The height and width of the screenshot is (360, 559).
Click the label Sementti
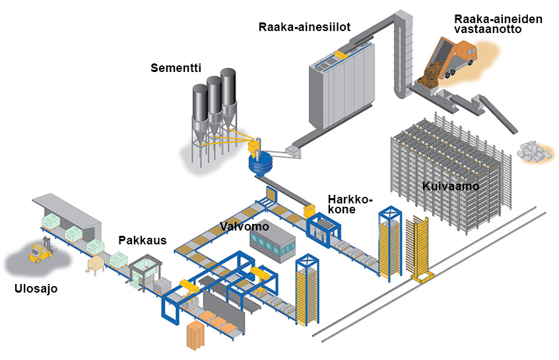click(x=175, y=68)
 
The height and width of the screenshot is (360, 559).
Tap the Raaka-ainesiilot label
click(x=304, y=27)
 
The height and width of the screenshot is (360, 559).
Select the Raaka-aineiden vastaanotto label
click(x=498, y=24)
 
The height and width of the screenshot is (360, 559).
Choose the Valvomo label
click(x=244, y=227)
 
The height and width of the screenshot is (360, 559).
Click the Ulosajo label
click(x=36, y=288)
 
